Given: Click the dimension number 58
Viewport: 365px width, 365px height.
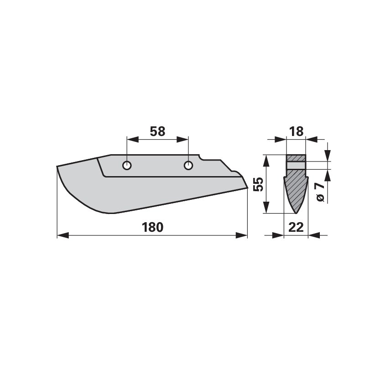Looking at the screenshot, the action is pos(157,131).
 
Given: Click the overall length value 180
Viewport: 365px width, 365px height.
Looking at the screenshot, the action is pos(152,227).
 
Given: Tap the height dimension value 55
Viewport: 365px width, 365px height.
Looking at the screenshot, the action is pos(258,184).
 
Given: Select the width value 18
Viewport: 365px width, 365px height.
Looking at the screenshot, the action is pos(296,131).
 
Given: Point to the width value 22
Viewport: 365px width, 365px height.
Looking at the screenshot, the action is pos(296,227).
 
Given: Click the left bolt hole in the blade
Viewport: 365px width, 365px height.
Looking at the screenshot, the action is pos(127,166).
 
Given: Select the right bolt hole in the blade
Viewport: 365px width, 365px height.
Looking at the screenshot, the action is pos(188,166).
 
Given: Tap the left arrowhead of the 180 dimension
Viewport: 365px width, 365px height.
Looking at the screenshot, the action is pos(63,235).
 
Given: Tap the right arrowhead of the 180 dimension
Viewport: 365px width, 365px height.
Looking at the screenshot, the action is pos(242,235).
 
